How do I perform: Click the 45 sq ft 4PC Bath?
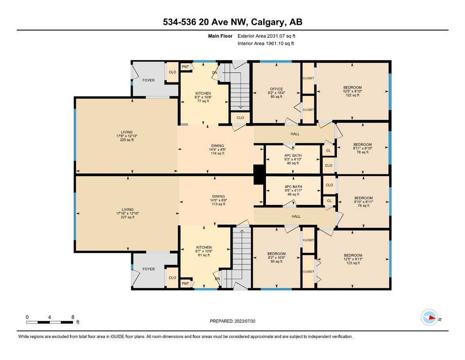293,159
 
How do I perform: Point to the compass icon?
429,317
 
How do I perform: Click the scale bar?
50,322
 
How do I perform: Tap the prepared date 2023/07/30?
244,321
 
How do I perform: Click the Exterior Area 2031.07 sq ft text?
266,36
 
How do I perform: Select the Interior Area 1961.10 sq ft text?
266,43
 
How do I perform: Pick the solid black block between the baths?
259,174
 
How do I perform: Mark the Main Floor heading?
220,36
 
